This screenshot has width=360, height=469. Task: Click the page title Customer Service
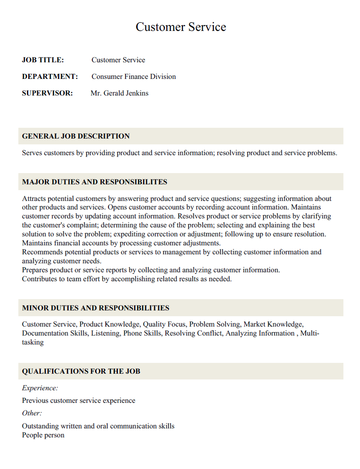coord(180,25)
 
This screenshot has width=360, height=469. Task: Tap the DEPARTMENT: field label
coord(50,76)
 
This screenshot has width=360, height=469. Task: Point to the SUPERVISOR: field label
coord(47,92)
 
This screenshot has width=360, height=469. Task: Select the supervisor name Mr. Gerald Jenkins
coord(128,92)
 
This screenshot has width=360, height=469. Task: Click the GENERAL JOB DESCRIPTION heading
coord(89,135)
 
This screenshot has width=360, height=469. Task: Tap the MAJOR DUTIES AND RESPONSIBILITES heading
coord(108,183)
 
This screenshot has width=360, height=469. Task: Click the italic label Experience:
coord(40,387)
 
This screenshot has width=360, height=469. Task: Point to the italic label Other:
coord(32,411)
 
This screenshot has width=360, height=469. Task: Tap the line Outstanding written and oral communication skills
coord(98,425)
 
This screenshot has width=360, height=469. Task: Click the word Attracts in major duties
coord(35,200)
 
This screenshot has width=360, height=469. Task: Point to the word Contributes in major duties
coord(43,280)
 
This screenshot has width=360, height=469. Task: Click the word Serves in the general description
coord(33,153)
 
